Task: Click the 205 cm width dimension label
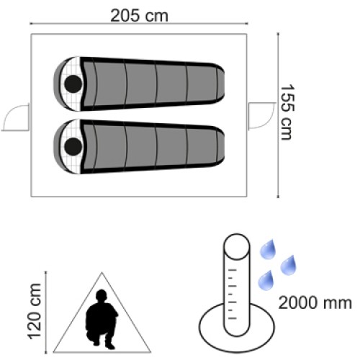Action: pos(139,16)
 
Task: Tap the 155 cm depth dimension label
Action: pos(287,112)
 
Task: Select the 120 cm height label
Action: pos(35,311)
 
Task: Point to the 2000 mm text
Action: pos(315,303)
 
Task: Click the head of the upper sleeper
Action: pos(73,84)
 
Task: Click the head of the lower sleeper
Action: pos(73,146)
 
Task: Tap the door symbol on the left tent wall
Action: pos(16,117)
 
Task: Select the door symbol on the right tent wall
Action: pos(261,116)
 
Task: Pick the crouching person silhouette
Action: pos(102,320)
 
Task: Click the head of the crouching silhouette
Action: pos(102,295)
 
